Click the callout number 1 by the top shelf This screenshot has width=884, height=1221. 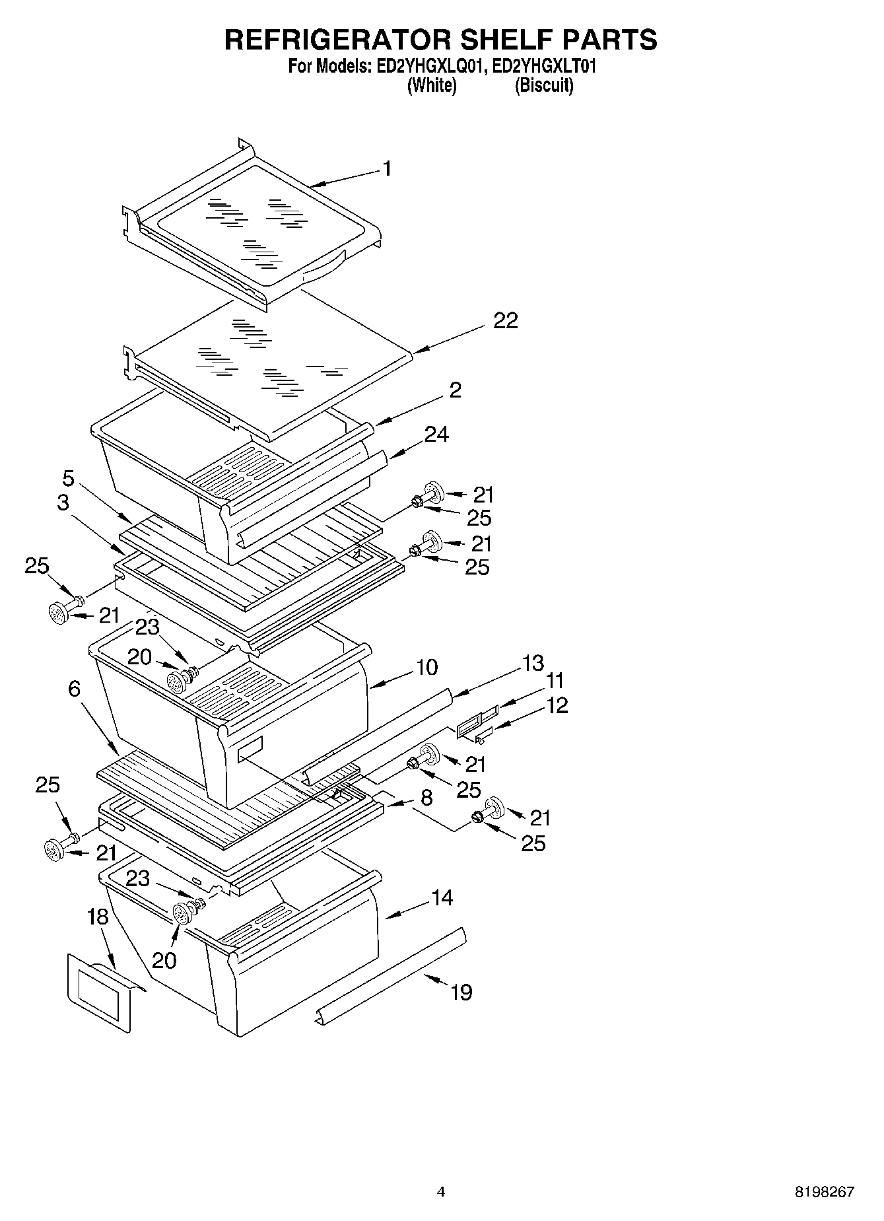(388, 169)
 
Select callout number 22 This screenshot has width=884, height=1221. (506, 321)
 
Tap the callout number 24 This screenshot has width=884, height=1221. (437, 435)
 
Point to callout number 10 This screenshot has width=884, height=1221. (427, 668)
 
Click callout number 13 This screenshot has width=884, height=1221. (533, 663)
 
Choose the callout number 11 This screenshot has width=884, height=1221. (555, 680)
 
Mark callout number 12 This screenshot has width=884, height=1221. (557, 705)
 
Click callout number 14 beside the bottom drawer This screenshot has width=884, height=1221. (442, 897)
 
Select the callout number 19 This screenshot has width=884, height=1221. (461, 992)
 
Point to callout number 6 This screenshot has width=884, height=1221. (75, 689)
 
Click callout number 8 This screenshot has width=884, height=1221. (426, 798)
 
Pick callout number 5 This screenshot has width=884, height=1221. (69, 478)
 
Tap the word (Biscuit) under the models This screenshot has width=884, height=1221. (544, 86)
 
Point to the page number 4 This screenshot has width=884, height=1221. (441, 1192)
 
